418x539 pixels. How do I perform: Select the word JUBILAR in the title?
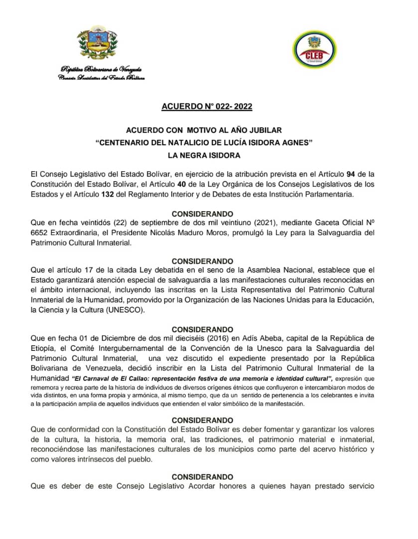pyautogui.click(x=263, y=130)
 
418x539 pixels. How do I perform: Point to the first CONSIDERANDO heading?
pyautogui.click(x=202, y=214)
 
